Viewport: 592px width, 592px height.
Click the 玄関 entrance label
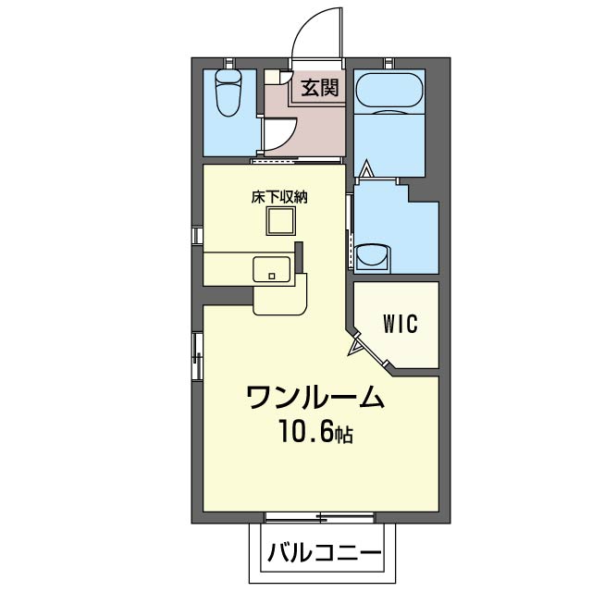tap(317, 87)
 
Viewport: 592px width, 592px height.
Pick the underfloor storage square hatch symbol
tap(279, 223)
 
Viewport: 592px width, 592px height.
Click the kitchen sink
tap(272, 270)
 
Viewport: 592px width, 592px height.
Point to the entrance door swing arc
tap(310, 32)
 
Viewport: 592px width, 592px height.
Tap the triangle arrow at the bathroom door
tap(366, 170)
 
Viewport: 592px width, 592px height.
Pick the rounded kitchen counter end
tap(282, 301)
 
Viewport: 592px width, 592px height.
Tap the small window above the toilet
tap(228, 62)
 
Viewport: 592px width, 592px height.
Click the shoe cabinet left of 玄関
tap(273, 78)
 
